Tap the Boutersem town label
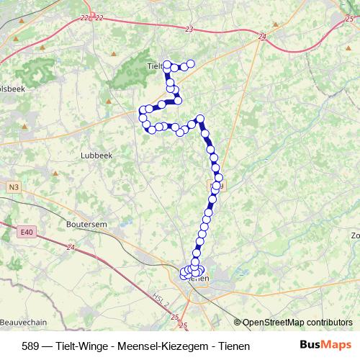(x=86, y=225)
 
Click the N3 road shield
(x=14, y=186)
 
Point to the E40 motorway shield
(x=27, y=232)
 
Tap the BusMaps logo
(x=325, y=345)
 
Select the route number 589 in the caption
(x=31, y=346)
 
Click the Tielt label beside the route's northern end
(x=154, y=66)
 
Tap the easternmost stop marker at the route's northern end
(x=192, y=64)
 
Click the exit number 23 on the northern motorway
(x=189, y=30)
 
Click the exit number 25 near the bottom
(x=183, y=325)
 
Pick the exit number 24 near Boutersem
(x=70, y=248)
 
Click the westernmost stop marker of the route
(x=142, y=110)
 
